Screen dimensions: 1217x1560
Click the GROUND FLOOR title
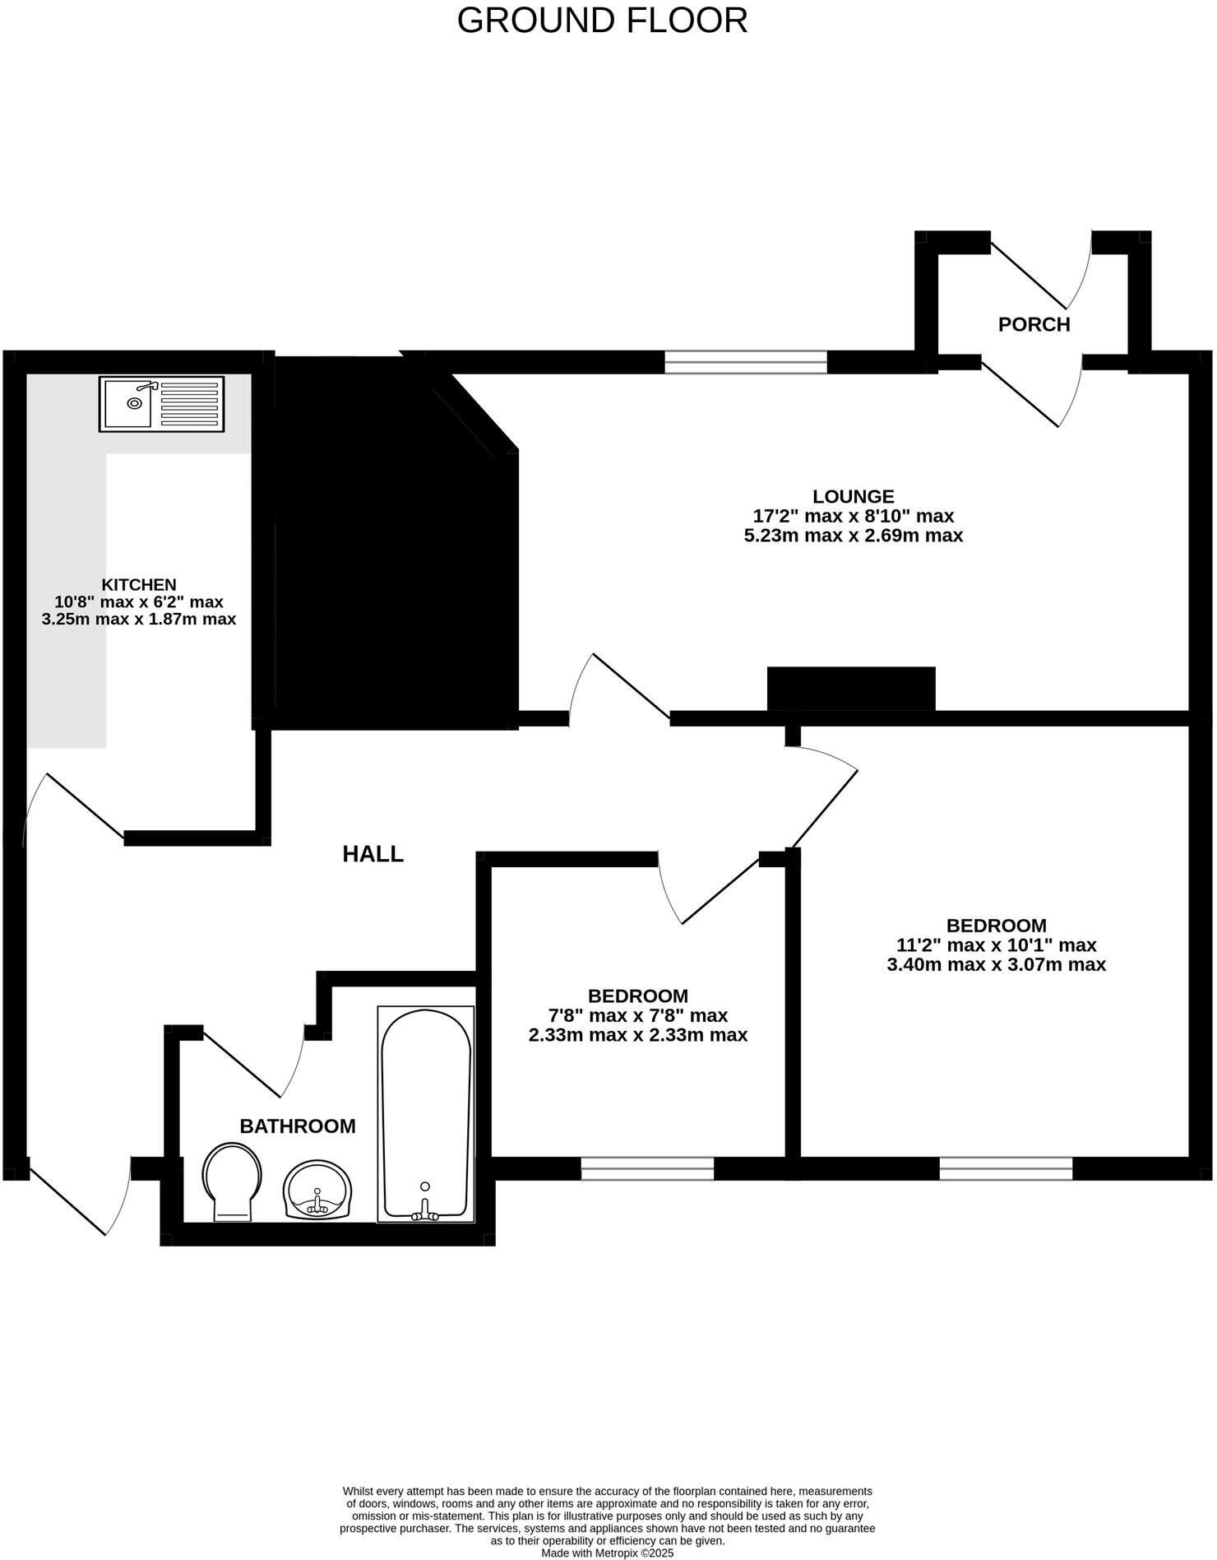pos(602,21)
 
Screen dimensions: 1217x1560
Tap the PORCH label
pos(1034,324)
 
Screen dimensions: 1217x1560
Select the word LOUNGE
pos(853,496)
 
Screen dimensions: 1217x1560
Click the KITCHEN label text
pos(138,584)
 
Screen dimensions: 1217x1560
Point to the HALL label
pos(373,854)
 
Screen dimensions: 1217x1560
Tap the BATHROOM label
pos(298,1126)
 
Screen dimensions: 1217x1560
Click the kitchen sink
pos(161,403)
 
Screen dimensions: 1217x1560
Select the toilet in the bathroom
pos(232,1182)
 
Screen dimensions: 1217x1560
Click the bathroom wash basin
pos(317,1190)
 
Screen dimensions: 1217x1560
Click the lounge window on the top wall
pos(746,361)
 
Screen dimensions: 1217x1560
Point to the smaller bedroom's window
pos(647,1168)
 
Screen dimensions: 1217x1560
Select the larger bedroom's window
pos(1006,1168)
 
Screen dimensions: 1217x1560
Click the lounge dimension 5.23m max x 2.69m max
pos(853,536)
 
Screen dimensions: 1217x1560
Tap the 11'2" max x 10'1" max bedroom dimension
pos(996,945)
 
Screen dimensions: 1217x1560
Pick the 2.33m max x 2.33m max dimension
pos(637,1035)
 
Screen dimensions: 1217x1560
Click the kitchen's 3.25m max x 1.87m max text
pos(138,620)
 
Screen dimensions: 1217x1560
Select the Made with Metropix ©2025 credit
pos(607,1553)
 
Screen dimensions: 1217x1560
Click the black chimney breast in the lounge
pos(851,688)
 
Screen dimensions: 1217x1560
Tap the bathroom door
pos(247,1063)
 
